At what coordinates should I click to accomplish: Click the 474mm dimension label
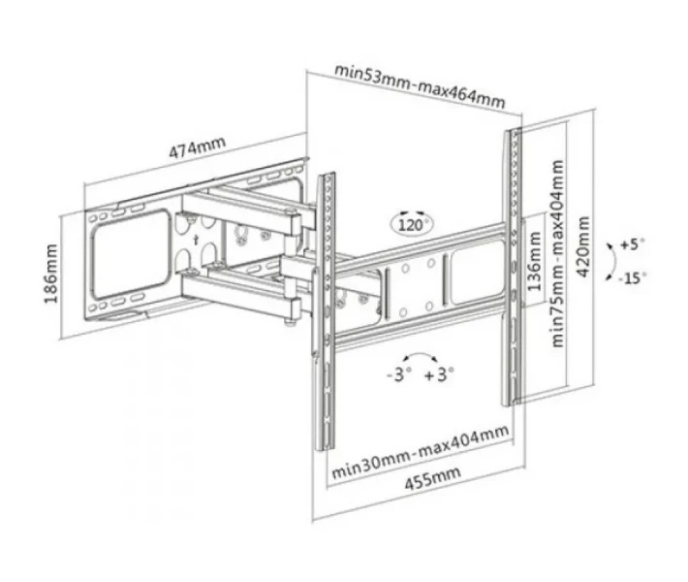(198, 147)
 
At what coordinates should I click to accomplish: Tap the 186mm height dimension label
(51, 274)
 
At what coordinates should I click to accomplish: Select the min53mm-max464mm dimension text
(420, 86)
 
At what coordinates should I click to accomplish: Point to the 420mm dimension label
(583, 246)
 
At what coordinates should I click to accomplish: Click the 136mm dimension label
(534, 262)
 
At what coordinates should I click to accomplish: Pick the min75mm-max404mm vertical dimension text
(557, 253)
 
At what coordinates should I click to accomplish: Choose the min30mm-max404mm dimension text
(421, 452)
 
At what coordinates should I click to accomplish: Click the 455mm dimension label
(432, 477)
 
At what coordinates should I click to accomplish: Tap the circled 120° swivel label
(412, 223)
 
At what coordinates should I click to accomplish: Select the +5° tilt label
(632, 243)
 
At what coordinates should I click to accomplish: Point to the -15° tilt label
(632, 277)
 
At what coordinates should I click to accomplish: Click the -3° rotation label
(399, 374)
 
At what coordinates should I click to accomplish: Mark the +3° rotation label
(439, 374)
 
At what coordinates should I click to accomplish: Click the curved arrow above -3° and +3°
(421, 354)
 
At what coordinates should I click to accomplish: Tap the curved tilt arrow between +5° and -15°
(615, 261)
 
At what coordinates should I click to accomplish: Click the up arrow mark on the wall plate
(197, 240)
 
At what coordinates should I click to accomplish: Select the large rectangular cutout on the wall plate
(130, 255)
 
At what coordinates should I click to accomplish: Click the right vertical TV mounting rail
(513, 266)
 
